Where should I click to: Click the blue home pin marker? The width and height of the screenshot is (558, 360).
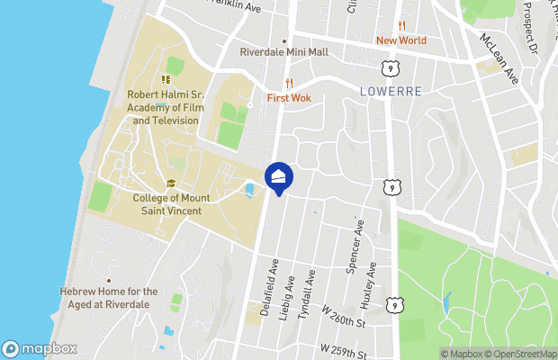pyautogui.click(x=279, y=176)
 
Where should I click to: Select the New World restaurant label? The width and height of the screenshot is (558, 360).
pyautogui.click(x=401, y=40)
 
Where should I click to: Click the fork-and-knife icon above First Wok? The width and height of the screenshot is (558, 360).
pyautogui.click(x=289, y=83)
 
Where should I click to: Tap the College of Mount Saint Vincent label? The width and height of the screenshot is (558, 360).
pyautogui.click(x=166, y=204)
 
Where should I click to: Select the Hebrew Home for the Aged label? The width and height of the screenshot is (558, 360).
pyautogui.click(x=109, y=297)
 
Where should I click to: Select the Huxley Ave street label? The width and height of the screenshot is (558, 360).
pyautogui.click(x=370, y=292)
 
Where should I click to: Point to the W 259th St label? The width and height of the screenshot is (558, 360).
pyautogui.click(x=341, y=346)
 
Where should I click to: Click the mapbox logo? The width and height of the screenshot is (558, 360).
pyautogui.click(x=36, y=348)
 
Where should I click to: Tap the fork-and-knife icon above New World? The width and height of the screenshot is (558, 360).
pyautogui.click(x=401, y=26)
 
